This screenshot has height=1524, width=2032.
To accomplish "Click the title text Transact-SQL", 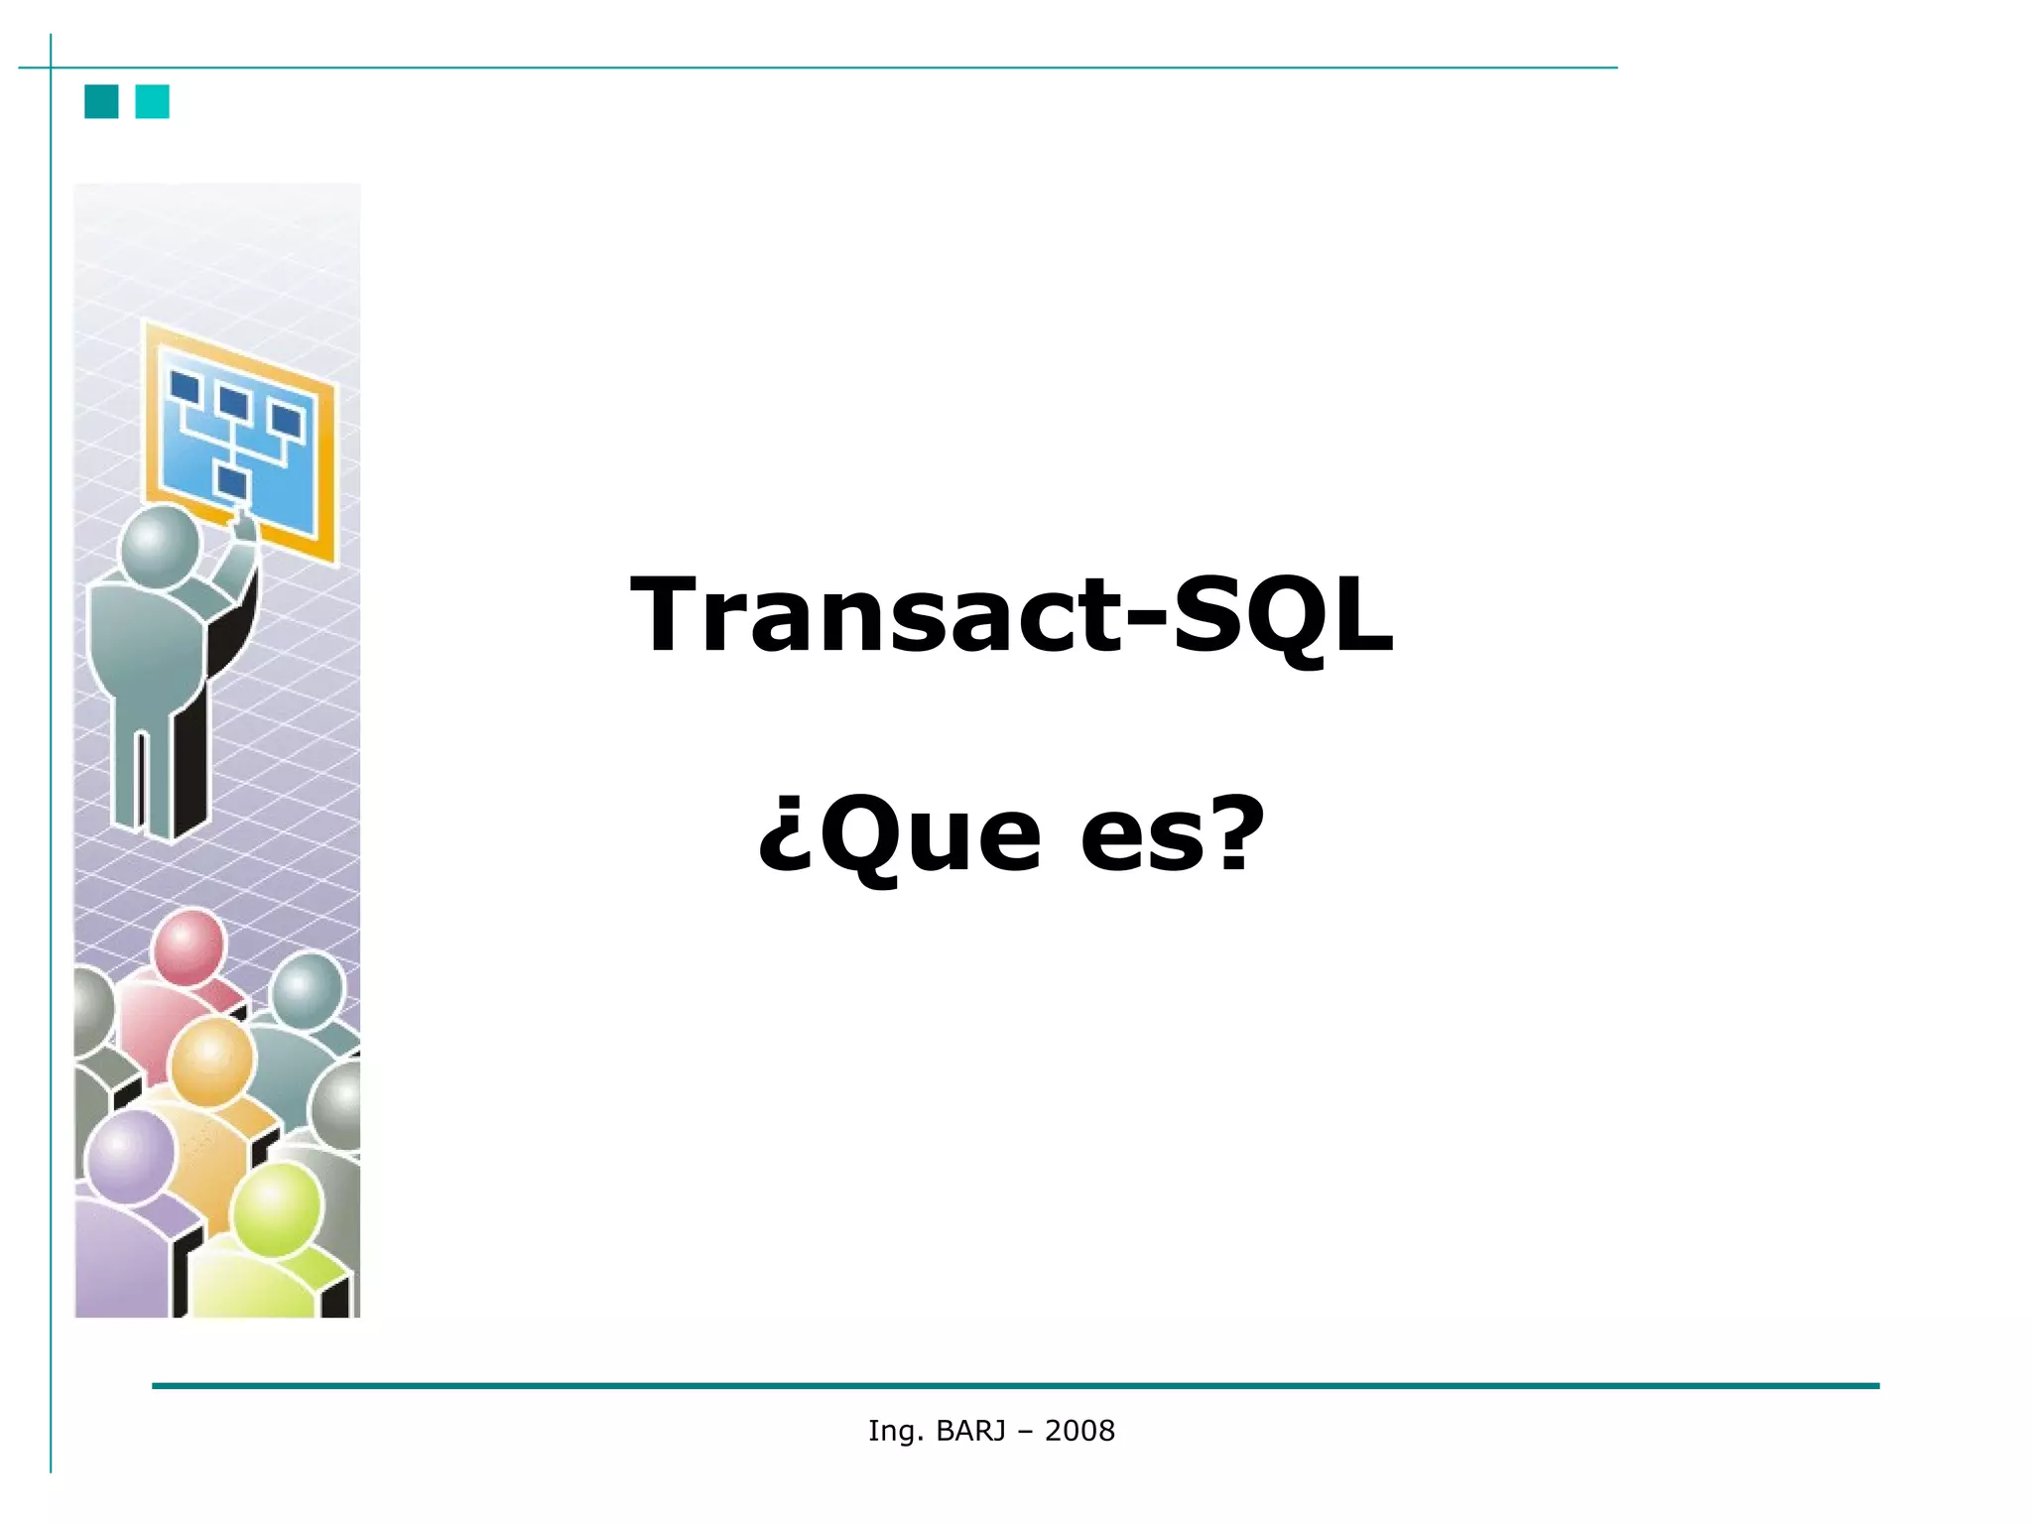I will [x=1012, y=617].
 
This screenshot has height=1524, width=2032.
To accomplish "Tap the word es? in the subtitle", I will [x=1172, y=835].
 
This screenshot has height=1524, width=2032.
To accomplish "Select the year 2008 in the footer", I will [x=1079, y=1431].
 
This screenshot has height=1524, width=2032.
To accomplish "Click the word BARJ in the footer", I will [x=970, y=1431].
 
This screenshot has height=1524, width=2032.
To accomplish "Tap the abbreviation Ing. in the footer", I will [x=896, y=1431].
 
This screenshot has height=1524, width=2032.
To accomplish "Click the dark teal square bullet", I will [x=101, y=101].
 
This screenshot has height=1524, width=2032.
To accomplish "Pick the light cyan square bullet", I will [x=153, y=101].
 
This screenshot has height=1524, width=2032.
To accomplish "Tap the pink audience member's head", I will [x=188, y=946].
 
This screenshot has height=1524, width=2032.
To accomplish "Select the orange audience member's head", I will [x=211, y=1061].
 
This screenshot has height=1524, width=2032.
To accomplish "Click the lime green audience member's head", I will [x=277, y=1208].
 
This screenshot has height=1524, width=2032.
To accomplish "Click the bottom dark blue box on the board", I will [x=231, y=483].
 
